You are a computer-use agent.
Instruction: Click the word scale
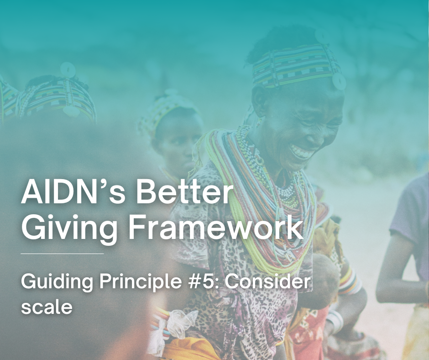pos(47,306)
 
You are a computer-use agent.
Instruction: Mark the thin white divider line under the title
pos(63,253)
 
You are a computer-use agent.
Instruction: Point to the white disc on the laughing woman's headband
pos(339,81)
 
